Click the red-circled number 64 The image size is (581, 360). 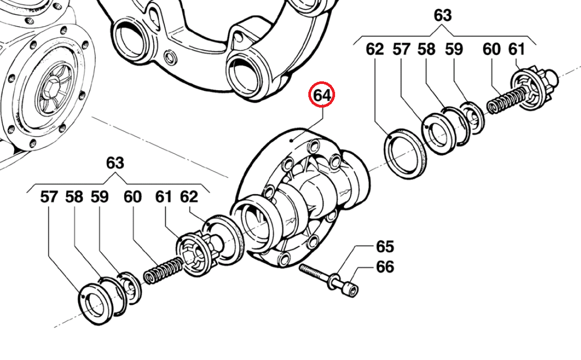(x=322, y=96)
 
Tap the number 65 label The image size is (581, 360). (x=385, y=246)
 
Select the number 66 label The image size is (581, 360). (x=385, y=267)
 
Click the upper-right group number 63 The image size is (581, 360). (x=443, y=16)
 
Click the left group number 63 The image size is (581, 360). (x=115, y=163)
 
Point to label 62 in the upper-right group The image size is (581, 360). (x=375, y=49)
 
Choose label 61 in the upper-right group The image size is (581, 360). (x=517, y=49)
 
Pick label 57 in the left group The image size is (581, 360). (x=49, y=197)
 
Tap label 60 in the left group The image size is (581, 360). (x=133, y=197)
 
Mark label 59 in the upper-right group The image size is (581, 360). (x=454, y=49)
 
